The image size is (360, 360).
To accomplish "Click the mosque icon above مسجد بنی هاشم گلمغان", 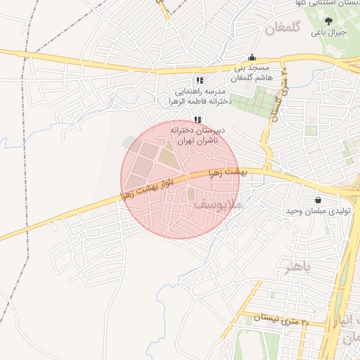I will [252, 58].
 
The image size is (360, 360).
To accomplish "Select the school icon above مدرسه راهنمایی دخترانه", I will [200, 80].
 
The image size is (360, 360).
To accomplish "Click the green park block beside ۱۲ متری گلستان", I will [252, 102].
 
